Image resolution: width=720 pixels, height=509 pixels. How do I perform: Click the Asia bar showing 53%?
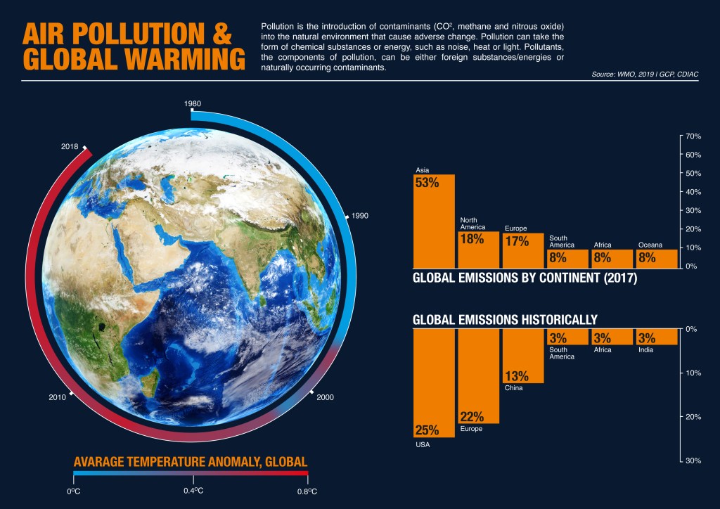tap(434, 221)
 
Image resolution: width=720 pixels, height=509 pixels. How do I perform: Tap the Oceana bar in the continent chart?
tap(657, 258)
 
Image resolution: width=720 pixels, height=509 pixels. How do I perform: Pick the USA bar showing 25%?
tap(434, 383)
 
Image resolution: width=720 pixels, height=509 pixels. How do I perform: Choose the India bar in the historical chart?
tap(656, 337)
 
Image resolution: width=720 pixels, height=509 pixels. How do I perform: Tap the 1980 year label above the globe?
tap(193, 103)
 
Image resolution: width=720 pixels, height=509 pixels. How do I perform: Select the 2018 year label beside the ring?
tap(70, 147)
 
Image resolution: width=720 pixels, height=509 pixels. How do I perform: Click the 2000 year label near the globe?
tap(325, 398)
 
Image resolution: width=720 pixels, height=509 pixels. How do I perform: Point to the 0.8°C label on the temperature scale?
tap(307, 491)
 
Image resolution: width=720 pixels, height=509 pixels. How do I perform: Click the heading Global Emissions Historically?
tap(505, 320)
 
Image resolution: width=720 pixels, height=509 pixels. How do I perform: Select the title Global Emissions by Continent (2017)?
tap(525, 278)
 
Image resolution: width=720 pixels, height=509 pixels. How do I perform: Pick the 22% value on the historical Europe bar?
tap(471, 416)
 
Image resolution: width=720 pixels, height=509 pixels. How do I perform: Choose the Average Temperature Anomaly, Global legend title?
tap(191, 462)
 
